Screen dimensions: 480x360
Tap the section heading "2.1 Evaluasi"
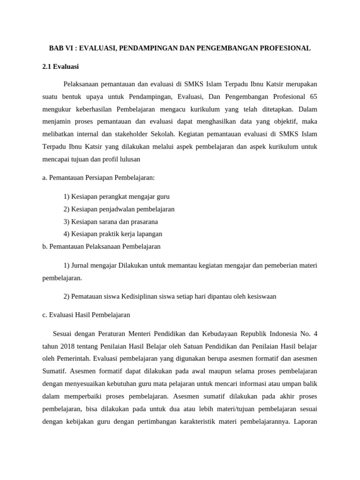tap(64, 67)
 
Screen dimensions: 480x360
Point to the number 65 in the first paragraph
tap(313, 97)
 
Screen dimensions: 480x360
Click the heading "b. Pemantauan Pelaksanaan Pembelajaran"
tap(101, 246)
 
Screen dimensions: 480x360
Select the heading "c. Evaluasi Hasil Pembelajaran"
tap(86, 315)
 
